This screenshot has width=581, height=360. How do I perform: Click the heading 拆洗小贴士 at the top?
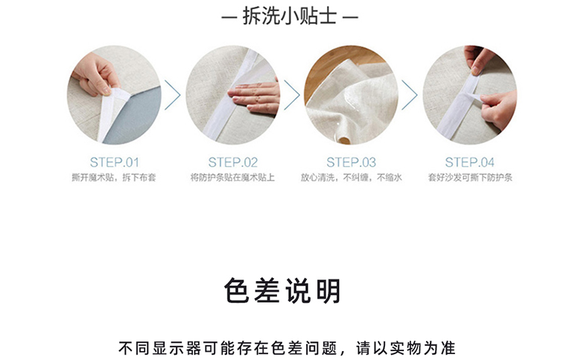pyautogui.click(x=290, y=16)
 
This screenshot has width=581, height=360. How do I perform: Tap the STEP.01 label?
pyautogui.click(x=114, y=162)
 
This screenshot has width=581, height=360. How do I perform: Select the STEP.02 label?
pyautogui.click(x=232, y=162)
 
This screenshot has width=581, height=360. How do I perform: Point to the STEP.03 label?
pyautogui.click(x=351, y=162)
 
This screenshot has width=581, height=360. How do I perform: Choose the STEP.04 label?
pyautogui.click(x=469, y=162)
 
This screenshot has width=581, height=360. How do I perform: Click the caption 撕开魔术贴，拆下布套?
pyautogui.click(x=114, y=177)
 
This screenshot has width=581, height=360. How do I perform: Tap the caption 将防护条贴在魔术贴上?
pyautogui.click(x=232, y=177)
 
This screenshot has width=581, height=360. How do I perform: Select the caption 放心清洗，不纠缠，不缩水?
pyautogui.click(x=351, y=177)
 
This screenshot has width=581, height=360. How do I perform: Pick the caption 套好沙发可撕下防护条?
pyautogui.click(x=470, y=177)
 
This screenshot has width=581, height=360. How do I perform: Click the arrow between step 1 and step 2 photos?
pyautogui.click(x=173, y=95)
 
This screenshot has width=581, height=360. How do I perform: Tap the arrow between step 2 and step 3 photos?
pyautogui.click(x=292, y=95)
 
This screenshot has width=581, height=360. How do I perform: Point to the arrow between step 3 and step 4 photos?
pyautogui.click(x=410, y=95)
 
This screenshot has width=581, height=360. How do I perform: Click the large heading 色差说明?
pyautogui.click(x=282, y=291)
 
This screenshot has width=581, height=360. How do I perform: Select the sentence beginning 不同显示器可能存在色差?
pyautogui.click(x=287, y=348)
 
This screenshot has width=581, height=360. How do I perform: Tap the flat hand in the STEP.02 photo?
pyautogui.click(x=255, y=96)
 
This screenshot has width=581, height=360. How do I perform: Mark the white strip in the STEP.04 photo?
pyautogui.click(x=458, y=105)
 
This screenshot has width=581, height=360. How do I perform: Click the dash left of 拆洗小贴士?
pyautogui.click(x=229, y=16)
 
